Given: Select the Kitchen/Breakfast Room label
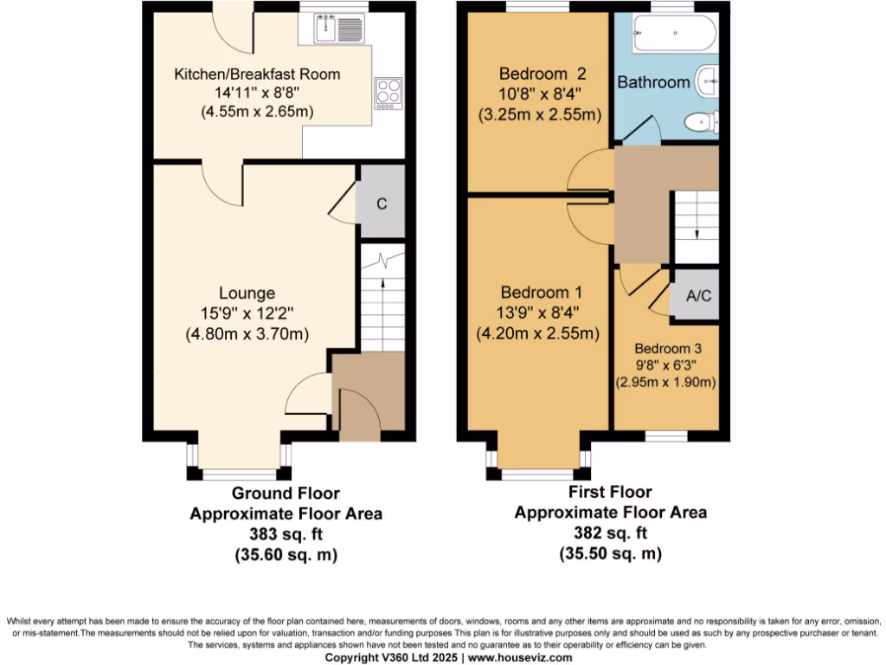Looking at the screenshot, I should (x=257, y=74).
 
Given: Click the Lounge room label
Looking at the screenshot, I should (x=247, y=294).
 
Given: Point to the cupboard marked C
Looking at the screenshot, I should (x=381, y=204).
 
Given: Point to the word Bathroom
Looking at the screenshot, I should (x=653, y=83).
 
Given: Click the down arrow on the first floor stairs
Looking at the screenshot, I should (x=697, y=229).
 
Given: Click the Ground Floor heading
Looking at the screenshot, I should (x=286, y=494).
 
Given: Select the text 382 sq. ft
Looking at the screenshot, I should (x=610, y=533).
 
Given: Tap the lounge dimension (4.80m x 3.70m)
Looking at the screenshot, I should (x=247, y=333).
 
